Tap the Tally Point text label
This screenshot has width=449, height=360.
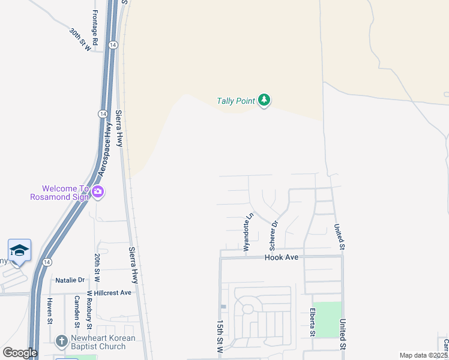coord(236,101)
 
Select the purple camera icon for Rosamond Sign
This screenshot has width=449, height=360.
coord(98,193)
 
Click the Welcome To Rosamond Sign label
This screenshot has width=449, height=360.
coord(59,193)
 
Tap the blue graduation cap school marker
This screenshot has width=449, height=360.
coord(19,250)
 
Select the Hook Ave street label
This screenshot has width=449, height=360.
coord(282,257)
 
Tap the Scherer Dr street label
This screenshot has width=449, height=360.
coord(274,235)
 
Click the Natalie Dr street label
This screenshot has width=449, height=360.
coord(70,280)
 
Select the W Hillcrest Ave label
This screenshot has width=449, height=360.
coord(109,293)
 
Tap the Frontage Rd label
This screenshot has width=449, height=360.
coord(94,24)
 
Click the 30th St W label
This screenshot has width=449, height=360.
coord(80,39)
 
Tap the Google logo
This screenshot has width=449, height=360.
coord(20,353)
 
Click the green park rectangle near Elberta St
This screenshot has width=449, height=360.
coord(328,319)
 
